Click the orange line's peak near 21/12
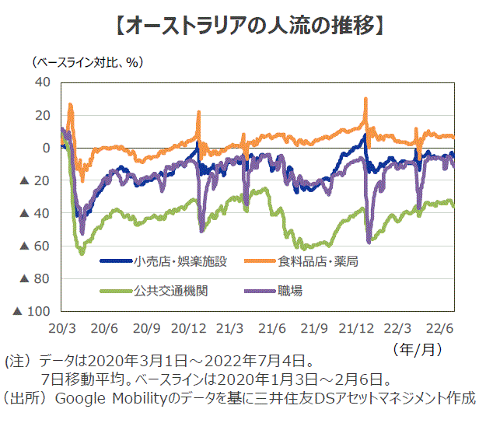pos(365,100)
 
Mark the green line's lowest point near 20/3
pos(81,253)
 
